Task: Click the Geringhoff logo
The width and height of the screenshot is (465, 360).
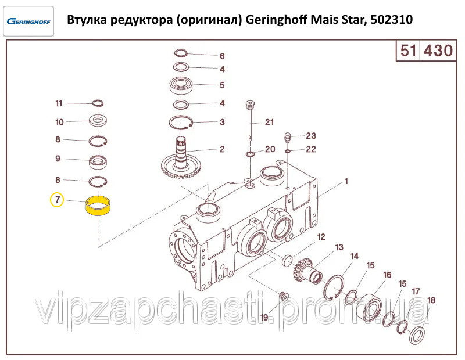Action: (28, 21)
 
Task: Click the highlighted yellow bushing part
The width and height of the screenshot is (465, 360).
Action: (98, 207)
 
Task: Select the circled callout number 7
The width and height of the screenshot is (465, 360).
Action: (57, 199)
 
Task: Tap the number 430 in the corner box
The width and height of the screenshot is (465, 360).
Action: (438, 51)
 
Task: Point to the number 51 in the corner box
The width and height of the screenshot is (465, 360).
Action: (409, 51)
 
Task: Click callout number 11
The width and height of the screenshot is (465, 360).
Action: (59, 103)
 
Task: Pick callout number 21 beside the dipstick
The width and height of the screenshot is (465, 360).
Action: (269, 122)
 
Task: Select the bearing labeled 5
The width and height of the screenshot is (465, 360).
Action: (181, 85)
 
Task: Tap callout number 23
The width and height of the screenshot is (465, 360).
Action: (311, 136)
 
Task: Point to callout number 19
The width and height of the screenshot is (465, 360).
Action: (264, 318)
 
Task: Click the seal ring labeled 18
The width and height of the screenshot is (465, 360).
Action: (417, 335)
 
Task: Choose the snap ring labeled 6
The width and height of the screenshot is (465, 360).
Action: (181, 53)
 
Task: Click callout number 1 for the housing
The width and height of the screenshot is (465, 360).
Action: (346, 181)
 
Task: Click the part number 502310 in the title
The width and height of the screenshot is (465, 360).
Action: (392, 20)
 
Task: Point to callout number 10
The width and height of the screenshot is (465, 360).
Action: (59, 122)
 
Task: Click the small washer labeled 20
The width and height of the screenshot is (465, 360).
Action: (250, 154)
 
